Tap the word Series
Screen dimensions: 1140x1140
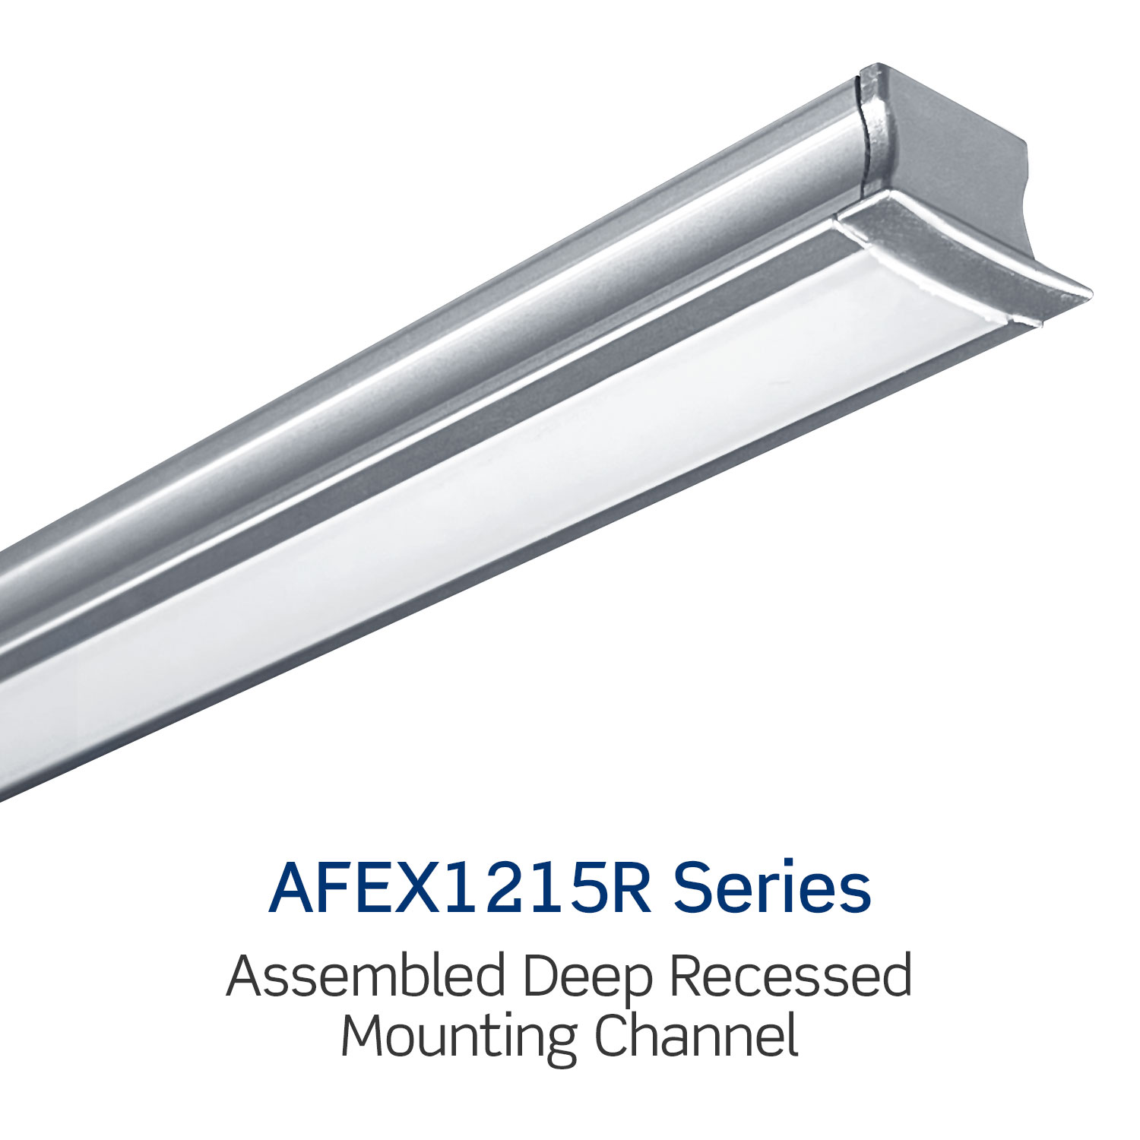coord(773,887)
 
